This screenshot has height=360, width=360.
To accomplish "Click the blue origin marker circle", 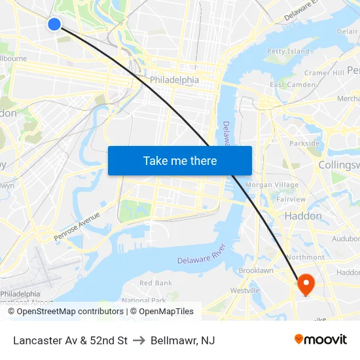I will [54, 24].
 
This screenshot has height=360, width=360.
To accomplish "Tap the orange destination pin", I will [306, 283].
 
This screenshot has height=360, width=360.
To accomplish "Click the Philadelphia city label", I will [174, 80].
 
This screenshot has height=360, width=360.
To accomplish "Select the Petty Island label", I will [288, 51].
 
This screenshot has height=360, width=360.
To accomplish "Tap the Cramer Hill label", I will [324, 73].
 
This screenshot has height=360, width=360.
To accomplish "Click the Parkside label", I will [304, 143].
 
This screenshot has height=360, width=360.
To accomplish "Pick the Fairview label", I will [291, 200].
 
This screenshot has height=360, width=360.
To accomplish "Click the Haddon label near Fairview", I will [303, 216].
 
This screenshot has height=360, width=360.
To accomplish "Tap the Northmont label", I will [305, 257].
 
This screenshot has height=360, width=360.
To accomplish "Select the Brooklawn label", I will [256, 270].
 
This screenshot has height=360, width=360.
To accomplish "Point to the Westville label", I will [245, 290].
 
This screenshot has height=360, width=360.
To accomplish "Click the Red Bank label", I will [156, 283].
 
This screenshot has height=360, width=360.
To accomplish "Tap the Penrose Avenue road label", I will [77, 225].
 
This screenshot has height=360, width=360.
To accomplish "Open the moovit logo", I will [321, 339].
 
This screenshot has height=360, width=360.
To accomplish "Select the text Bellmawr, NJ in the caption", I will [183, 340].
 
